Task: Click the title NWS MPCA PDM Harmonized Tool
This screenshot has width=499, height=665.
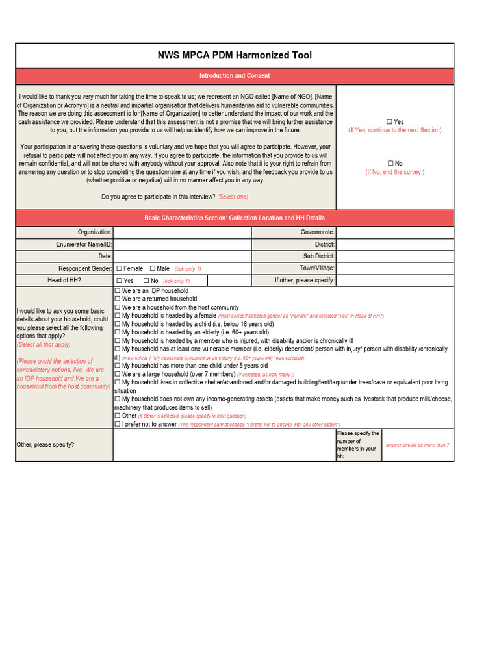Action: click(235, 55)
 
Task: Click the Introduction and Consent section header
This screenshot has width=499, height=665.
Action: click(235, 76)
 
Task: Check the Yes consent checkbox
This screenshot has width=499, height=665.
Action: click(389, 122)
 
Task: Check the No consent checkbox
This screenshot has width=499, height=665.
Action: click(390, 164)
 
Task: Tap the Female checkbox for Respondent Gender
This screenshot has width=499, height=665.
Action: click(120, 268)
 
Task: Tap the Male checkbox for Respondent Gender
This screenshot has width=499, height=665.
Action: click(153, 268)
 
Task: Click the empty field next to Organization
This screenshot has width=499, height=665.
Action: click(182, 232)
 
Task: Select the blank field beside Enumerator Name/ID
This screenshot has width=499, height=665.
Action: click(182, 244)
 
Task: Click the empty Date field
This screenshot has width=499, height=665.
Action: click(182, 257)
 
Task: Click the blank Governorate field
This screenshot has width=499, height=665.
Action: click(394, 232)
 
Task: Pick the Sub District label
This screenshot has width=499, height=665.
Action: click(318, 257)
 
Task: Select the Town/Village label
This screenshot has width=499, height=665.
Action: click(317, 268)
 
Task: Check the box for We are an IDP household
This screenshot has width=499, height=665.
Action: click(118, 291)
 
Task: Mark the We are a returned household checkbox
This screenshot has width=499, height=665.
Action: click(118, 299)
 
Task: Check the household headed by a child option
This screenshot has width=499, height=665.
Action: click(118, 324)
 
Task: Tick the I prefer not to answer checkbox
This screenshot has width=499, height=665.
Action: click(118, 424)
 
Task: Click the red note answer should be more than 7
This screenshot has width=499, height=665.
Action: click(417, 445)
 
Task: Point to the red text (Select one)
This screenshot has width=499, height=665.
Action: click(233, 197)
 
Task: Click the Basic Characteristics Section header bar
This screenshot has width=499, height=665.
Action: click(235, 218)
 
